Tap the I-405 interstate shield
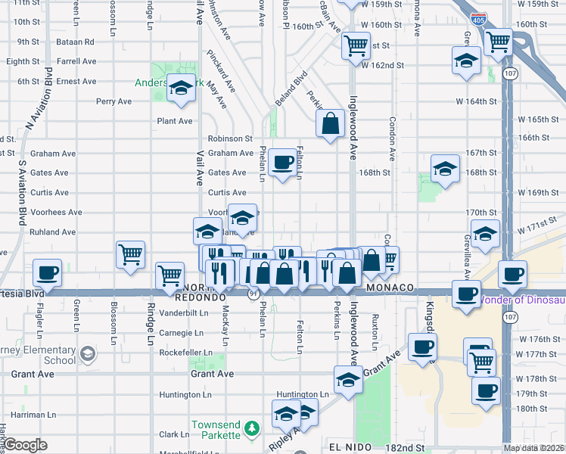[x=478, y=20]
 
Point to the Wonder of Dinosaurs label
[x=521, y=300]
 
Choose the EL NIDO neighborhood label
[x=350, y=448]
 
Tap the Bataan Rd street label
[x=77, y=42]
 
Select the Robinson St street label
[x=230, y=138]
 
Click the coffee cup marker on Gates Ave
[x=283, y=162]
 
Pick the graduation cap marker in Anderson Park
[x=182, y=89]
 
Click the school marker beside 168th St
[x=446, y=169]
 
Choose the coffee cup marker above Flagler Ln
[x=47, y=273]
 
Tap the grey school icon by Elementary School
[x=89, y=353]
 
